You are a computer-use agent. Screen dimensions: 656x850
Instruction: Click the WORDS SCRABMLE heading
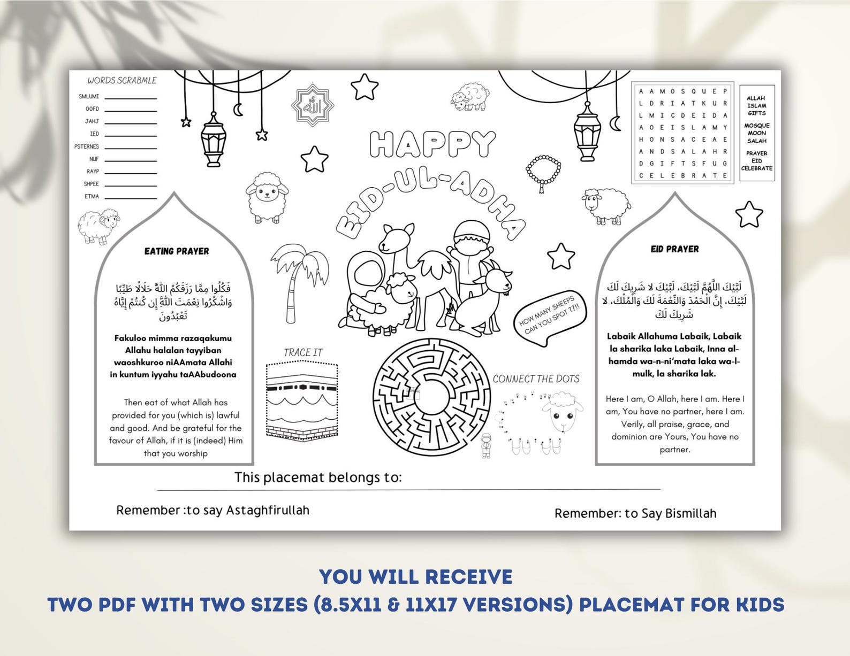(x=122, y=81)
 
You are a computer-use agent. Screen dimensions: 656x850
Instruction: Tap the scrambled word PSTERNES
(x=87, y=146)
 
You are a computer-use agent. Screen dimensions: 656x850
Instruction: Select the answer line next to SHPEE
(x=130, y=186)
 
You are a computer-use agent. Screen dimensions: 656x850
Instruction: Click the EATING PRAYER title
(x=177, y=251)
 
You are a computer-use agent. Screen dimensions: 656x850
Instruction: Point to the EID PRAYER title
(x=674, y=249)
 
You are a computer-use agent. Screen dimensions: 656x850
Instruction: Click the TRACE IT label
(x=303, y=353)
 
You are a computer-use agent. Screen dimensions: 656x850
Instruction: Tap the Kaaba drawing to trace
(x=302, y=401)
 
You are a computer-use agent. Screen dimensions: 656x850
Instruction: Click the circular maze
(x=431, y=396)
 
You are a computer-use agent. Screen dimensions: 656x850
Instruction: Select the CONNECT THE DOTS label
(x=536, y=379)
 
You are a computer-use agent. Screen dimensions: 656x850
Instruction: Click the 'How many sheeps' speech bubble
(x=550, y=318)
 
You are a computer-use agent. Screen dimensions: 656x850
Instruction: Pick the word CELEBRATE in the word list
(x=756, y=168)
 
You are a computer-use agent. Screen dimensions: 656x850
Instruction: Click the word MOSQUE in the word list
(x=756, y=126)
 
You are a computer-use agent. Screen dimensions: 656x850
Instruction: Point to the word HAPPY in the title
(x=432, y=144)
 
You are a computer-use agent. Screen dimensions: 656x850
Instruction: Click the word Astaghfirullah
(x=268, y=511)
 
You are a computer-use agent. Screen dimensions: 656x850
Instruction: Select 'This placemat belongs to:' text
(x=318, y=477)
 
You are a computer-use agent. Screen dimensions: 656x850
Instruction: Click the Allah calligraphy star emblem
(x=313, y=105)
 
